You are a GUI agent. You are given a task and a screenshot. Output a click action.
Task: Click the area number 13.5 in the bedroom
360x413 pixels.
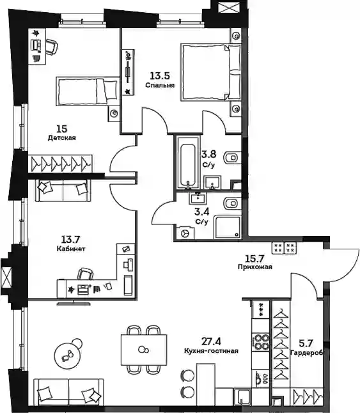(x=160, y=76)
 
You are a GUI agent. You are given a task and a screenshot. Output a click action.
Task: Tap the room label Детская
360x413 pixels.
(x=61, y=137)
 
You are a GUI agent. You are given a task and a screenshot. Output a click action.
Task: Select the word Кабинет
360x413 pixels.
(x=71, y=249)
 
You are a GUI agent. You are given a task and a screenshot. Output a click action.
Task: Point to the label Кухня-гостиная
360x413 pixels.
(x=211, y=351)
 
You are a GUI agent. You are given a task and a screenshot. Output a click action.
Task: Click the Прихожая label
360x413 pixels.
(x=254, y=267)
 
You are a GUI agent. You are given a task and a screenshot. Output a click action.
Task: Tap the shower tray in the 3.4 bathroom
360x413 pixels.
(x=228, y=227)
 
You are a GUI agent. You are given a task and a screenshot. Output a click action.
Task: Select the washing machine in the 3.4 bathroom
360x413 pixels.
(x=185, y=233)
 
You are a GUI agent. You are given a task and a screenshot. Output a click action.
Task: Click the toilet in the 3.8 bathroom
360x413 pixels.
(x=232, y=158)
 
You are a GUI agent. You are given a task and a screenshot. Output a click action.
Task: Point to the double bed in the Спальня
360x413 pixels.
(x=210, y=72)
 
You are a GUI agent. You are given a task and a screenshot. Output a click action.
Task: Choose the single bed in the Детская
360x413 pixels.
(x=87, y=91)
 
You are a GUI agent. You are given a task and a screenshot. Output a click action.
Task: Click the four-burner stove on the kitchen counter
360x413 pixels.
(x=261, y=341)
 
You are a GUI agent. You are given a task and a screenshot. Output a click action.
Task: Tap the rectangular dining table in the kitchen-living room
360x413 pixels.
(x=144, y=350)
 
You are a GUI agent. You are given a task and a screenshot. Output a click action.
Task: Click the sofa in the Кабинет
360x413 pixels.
(x=63, y=191)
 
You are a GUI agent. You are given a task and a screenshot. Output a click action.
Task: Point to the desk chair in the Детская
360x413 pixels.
(x=52, y=46)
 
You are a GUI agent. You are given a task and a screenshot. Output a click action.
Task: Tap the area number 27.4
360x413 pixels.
(x=211, y=341)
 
